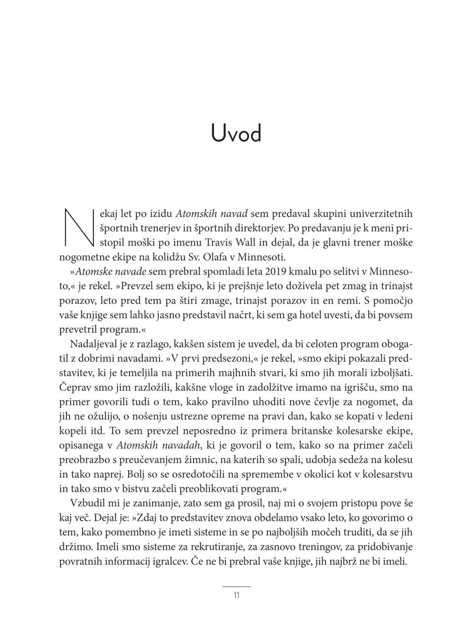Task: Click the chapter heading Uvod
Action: tap(236, 133)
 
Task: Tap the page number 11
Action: tap(236, 595)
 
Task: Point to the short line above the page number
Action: tap(236, 586)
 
